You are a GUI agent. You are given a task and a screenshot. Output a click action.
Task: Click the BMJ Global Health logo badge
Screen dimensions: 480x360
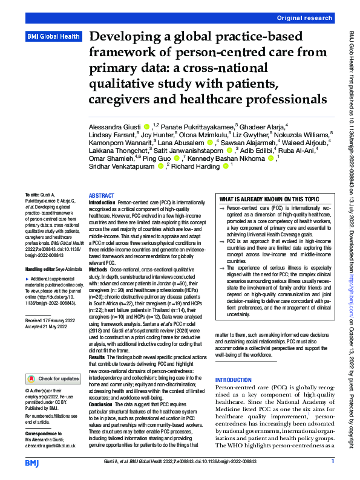click(53, 37)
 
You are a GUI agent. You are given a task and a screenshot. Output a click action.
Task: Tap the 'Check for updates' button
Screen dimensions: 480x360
click(53, 378)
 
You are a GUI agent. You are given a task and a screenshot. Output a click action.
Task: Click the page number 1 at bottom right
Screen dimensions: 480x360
click(332, 461)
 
